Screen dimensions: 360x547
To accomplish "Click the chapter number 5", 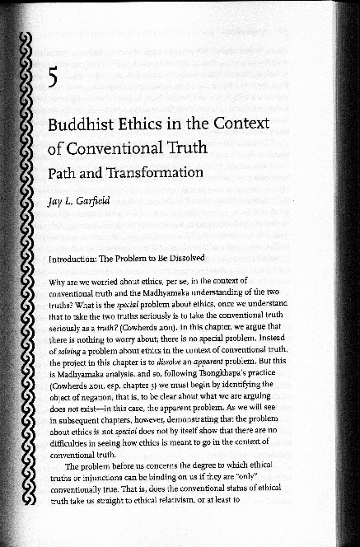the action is [52, 79].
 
